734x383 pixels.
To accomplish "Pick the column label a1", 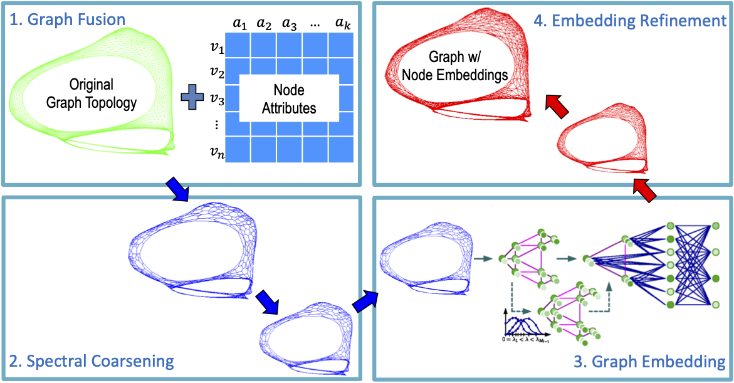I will click(x=238, y=23).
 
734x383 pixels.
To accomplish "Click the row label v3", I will click(x=218, y=98).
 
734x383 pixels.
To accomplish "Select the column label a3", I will click(x=290, y=23).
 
